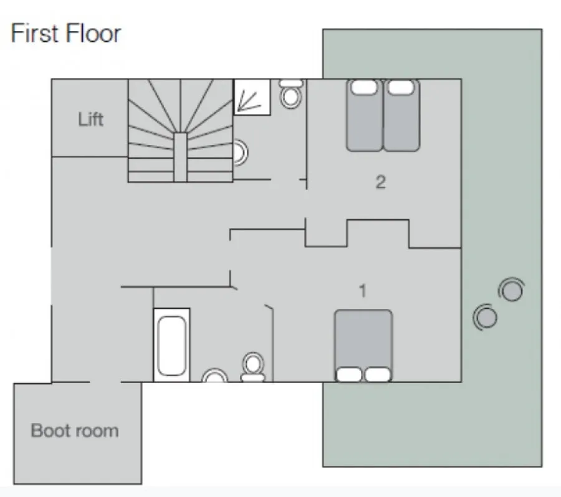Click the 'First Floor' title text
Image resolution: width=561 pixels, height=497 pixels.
[x=66, y=33]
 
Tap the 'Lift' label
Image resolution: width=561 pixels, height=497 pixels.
[x=91, y=119]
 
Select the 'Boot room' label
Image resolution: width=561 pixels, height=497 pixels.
[x=75, y=430]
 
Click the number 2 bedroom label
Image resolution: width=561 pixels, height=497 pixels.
[x=381, y=182]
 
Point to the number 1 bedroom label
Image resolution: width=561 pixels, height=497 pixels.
[x=363, y=291]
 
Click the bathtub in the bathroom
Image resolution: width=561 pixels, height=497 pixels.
[x=172, y=345]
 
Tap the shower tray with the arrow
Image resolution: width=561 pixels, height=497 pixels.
[x=252, y=97]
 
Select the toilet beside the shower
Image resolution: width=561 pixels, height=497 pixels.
[x=290, y=93]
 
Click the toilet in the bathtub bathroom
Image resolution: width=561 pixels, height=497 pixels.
[x=253, y=366]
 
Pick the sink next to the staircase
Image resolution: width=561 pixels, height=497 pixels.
[x=241, y=153]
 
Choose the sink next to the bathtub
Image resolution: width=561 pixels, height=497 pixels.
[x=214, y=376]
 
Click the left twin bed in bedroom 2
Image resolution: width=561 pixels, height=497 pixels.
[x=364, y=115]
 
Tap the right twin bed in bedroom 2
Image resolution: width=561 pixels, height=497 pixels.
[x=401, y=115]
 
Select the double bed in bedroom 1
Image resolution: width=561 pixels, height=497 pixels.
[x=363, y=346]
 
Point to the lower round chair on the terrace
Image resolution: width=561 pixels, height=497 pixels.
[x=485, y=317]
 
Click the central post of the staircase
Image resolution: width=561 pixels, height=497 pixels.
[x=180, y=158]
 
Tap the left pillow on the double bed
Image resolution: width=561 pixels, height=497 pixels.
[x=349, y=374]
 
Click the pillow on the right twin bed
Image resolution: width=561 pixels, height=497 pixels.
[x=401, y=87]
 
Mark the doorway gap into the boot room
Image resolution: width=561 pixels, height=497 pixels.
[x=105, y=382]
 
